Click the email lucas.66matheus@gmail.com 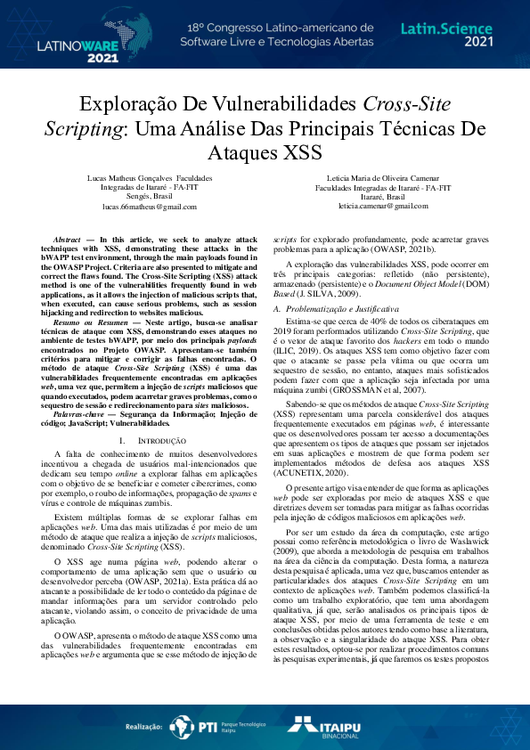click(149, 207)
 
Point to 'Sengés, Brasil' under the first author click(149, 197)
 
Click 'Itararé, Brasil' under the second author click(379, 197)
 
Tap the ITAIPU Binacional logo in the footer click(330, 727)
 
